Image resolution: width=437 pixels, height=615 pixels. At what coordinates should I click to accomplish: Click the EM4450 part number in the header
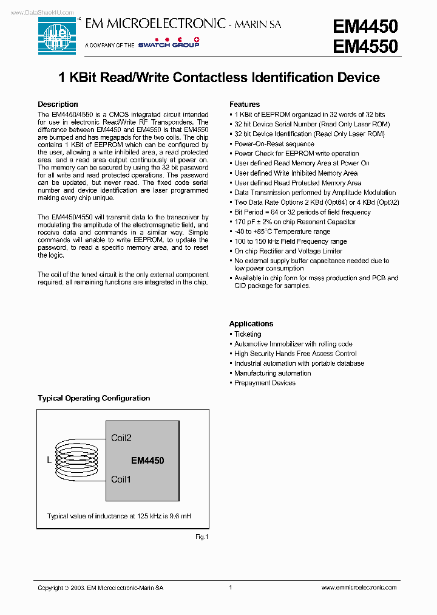(365, 26)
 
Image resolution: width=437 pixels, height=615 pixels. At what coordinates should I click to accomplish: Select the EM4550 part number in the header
(365, 47)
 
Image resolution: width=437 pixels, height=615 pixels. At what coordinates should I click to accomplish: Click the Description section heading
(58, 105)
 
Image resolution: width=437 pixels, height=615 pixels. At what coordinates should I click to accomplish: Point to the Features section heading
(245, 105)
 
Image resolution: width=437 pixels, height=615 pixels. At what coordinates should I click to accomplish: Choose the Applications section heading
(251, 324)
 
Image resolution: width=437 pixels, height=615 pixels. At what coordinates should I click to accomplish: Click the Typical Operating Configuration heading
(94, 398)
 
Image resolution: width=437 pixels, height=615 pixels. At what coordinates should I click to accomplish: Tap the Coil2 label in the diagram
(121, 438)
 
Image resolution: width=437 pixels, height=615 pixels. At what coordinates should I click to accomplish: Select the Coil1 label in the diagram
(121, 479)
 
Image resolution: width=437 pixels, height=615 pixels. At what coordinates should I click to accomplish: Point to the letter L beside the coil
(49, 460)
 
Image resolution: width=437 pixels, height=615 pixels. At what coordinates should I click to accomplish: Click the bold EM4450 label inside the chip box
(147, 461)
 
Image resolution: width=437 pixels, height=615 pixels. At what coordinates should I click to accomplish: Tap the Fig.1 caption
(202, 537)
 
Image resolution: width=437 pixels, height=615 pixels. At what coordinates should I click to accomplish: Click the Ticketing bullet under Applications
(248, 334)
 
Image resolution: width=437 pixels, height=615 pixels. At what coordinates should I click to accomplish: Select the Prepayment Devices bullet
(265, 383)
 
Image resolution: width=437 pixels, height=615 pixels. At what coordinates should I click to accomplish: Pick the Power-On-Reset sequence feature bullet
(274, 144)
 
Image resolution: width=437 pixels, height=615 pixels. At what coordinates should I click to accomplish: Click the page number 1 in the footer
(231, 588)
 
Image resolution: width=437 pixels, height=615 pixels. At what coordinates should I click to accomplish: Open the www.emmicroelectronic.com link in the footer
(359, 588)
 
